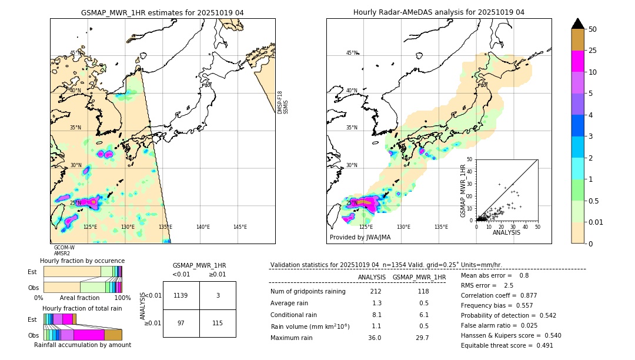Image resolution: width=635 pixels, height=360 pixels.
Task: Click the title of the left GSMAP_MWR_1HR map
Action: pyautogui.click(x=162, y=12)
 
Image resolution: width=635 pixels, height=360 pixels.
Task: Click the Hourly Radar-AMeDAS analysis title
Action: pyautogui.click(x=439, y=12)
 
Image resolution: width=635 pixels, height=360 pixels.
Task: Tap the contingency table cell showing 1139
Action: pyautogui.click(x=181, y=295)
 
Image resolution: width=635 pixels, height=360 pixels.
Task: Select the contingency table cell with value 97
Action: pyautogui.click(x=181, y=323)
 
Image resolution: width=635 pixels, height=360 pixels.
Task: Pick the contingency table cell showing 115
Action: pyautogui.click(x=218, y=323)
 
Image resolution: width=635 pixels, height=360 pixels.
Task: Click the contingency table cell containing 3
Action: pyautogui.click(x=218, y=295)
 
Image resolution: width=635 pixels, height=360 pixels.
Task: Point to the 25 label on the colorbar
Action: pyautogui.click(x=593, y=51)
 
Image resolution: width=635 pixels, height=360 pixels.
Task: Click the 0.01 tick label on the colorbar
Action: pyautogui.click(x=596, y=222)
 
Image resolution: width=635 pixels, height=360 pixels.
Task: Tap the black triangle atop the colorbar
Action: pyautogui.click(x=578, y=24)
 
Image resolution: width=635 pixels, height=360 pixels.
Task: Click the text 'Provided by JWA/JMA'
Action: pyautogui.click(x=360, y=238)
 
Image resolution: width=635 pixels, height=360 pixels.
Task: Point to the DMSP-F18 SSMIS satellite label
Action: pyautogui.click(x=283, y=102)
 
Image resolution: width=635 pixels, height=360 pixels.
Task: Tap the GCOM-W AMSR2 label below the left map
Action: pyautogui.click(x=64, y=251)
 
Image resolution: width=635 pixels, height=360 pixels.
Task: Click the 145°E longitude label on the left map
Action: pyautogui.click(x=240, y=227)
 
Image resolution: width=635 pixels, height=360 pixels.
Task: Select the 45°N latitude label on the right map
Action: pyautogui.click(x=351, y=53)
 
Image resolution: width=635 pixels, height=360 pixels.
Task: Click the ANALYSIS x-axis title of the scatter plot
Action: pyautogui.click(x=506, y=232)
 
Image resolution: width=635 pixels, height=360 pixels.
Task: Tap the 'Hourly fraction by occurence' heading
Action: pyautogui.click(x=82, y=261)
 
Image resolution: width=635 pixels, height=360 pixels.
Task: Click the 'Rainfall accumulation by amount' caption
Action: pyautogui.click(x=82, y=345)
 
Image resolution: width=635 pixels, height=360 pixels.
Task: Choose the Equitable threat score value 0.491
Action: pyautogui.click(x=540, y=345)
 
